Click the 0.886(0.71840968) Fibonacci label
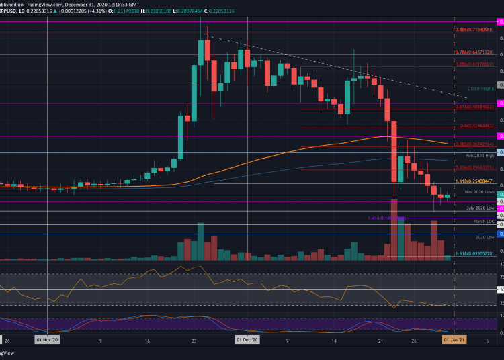(x=474, y=30)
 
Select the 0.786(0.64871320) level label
(x=474, y=52)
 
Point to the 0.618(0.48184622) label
(x=474, y=106)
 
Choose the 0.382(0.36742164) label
(x=474, y=144)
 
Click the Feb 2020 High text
(x=478, y=155)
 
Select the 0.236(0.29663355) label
(x=474, y=167)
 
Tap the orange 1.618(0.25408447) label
(x=474, y=181)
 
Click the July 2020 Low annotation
(x=480, y=208)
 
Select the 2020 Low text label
(x=484, y=237)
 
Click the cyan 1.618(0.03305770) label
(x=474, y=253)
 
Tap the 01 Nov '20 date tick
(x=47, y=340)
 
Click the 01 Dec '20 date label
(x=248, y=340)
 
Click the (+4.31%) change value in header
(x=99, y=4)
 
